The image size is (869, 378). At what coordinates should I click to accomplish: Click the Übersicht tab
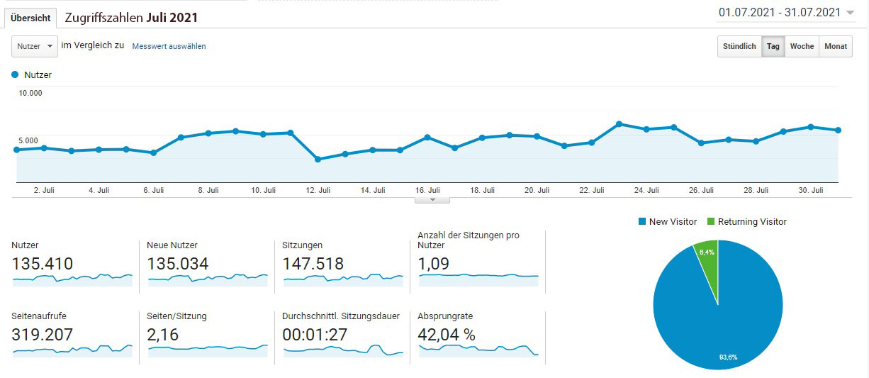pyautogui.click(x=30, y=18)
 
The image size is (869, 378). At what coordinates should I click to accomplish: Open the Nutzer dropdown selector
pyautogui.click(x=34, y=46)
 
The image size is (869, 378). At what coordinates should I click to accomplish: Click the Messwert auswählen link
pyautogui.click(x=169, y=46)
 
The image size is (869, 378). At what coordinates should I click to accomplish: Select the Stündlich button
pyautogui.click(x=739, y=46)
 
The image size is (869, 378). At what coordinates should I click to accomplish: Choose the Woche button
pyautogui.click(x=802, y=46)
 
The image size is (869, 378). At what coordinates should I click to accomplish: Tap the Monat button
pyautogui.click(x=836, y=46)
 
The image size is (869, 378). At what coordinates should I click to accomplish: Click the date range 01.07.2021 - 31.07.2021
pyautogui.click(x=779, y=12)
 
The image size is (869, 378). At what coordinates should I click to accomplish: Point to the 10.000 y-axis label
pyautogui.click(x=30, y=93)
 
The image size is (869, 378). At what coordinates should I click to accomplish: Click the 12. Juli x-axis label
pyautogui.click(x=318, y=190)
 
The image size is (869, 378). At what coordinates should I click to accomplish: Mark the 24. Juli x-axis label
pyautogui.click(x=647, y=190)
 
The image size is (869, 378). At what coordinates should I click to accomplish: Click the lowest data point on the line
pyautogui.click(x=318, y=159)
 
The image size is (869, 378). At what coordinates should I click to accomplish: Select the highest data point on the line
pyautogui.click(x=619, y=124)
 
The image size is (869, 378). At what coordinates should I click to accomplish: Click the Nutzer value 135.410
pyautogui.click(x=43, y=264)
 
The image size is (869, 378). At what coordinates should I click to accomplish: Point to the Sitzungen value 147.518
pyautogui.click(x=313, y=264)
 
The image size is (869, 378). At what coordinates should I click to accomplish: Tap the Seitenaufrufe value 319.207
pyautogui.click(x=43, y=335)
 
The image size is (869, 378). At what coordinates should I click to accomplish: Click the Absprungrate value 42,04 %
pyautogui.click(x=447, y=335)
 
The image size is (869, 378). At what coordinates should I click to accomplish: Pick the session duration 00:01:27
pyautogui.click(x=315, y=335)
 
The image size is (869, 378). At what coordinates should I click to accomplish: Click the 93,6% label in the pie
pyautogui.click(x=728, y=357)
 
